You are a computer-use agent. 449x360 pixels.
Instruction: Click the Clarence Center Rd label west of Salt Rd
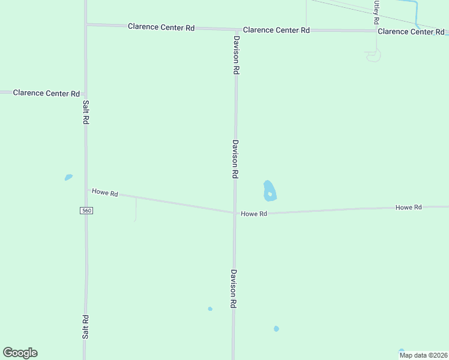click(46, 93)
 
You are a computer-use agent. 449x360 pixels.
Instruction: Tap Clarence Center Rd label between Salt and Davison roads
click(161, 27)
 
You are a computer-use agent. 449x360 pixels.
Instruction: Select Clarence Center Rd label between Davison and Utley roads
click(276, 30)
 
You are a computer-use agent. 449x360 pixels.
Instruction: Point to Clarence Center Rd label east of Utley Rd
click(411, 31)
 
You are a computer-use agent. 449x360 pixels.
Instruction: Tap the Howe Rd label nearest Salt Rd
click(105, 193)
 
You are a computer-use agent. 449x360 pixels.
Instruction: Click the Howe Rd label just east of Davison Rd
click(254, 214)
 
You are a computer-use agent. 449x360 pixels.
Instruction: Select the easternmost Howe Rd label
click(409, 207)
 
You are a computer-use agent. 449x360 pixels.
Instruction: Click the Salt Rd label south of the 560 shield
click(85, 327)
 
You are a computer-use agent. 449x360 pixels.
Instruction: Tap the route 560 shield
click(86, 211)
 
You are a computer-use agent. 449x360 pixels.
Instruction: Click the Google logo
click(20, 353)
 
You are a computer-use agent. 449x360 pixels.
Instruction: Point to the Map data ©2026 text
click(423, 355)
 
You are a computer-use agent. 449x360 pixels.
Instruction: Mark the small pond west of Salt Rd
click(68, 178)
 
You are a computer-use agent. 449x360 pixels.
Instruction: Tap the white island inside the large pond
click(270, 194)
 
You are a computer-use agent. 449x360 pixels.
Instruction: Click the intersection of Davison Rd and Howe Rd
click(235, 212)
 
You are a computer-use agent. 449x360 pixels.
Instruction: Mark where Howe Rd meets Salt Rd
click(86, 190)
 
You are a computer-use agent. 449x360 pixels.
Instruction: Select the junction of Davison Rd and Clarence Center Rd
click(236, 29)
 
